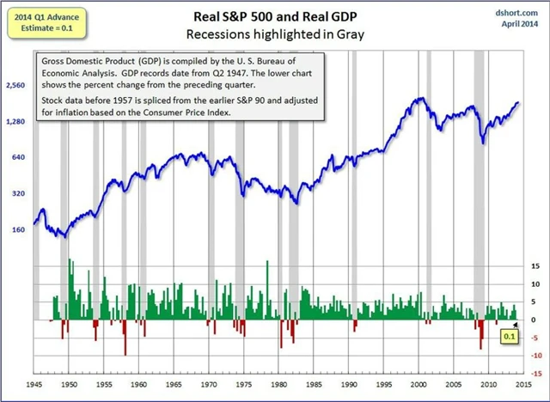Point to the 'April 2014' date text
(520, 22)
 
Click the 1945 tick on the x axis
(34, 386)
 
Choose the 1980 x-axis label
(279, 386)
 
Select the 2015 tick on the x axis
(524, 386)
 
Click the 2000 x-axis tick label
(419, 386)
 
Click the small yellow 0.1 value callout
(509, 338)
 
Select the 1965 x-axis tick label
(174, 386)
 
